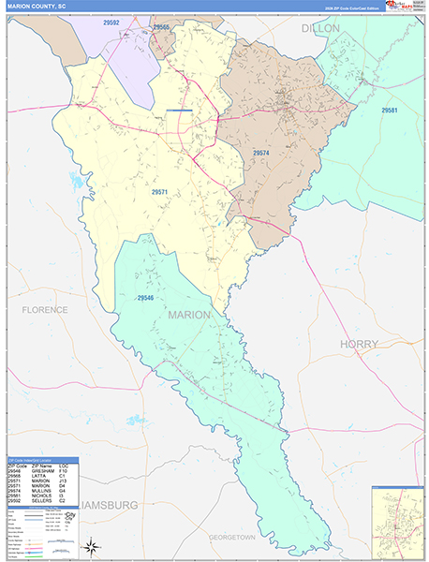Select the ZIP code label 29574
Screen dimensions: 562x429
[260, 152]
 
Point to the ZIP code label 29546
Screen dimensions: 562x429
[144, 298]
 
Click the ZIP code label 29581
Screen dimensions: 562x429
[389, 111]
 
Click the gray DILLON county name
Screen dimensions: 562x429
[319, 29]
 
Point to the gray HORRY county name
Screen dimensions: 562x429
[360, 344]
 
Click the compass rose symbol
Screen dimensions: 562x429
[91, 546]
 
